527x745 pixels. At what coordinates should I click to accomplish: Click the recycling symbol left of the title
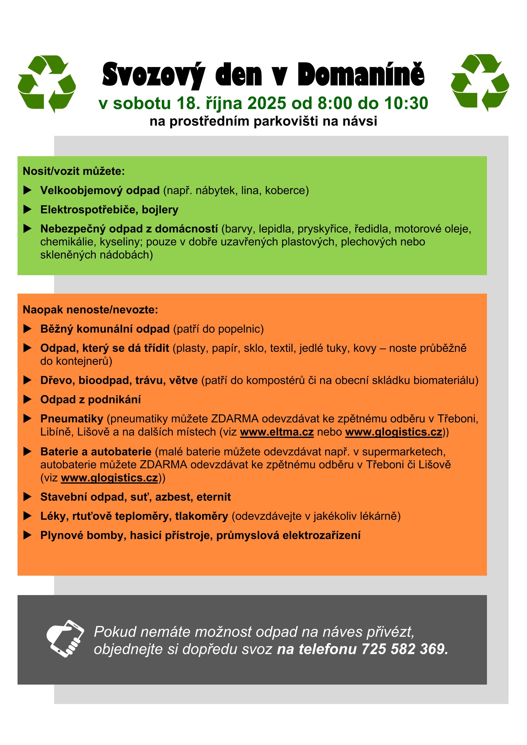tap(47, 84)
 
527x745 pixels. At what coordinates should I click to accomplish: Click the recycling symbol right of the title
tap(480, 83)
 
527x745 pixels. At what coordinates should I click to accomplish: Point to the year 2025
tap(267, 103)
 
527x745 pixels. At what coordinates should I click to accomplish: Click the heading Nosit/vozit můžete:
tap(74, 171)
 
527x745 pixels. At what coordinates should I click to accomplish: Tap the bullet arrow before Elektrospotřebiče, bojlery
tap(28, 210)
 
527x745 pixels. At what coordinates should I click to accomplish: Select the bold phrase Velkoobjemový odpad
tap(100, 190)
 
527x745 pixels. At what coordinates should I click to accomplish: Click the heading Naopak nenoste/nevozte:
tap(90, 310)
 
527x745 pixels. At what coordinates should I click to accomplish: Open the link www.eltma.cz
tap(277, 432)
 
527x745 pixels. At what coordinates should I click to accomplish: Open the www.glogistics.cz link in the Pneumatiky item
tap(394, 432)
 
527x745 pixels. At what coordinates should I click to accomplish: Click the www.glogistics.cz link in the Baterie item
tap(109, 478)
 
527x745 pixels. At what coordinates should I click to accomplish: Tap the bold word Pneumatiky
tap(72, 419)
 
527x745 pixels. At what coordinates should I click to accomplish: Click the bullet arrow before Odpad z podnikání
tap(28, 400)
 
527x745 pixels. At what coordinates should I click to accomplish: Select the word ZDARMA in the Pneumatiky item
tap(235, 419)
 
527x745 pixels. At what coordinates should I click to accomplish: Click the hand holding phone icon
tap(65, 639)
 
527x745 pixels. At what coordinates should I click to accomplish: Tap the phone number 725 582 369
tap(405, 649)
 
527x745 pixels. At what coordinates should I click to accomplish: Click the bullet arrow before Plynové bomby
tap(28, 535)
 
